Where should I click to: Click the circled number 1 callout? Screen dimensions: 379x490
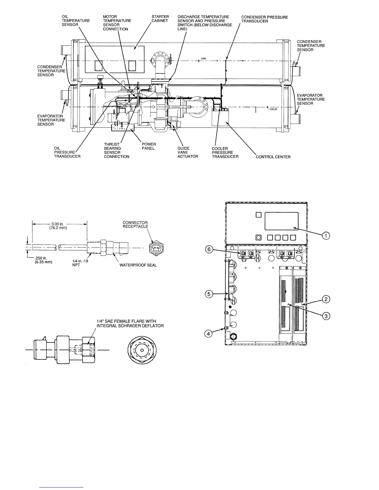(x=325, y=236)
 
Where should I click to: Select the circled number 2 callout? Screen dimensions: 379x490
(x=325, y=299)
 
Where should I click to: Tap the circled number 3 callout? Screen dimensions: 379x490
(x=325, y=316)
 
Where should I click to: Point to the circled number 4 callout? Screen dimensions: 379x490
(x=208, y=334)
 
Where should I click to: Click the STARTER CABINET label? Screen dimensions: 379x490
(x=160, y=19)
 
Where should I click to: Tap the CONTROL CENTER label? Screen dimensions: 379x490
(x=273, y=157)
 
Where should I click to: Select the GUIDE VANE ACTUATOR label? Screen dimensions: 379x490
(x=188, y=152)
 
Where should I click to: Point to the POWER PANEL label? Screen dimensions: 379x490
(x=149, y=146)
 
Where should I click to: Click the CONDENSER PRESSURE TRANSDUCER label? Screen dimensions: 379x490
(x=264, y=19)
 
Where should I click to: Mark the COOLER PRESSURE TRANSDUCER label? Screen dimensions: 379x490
(x=225, y=153)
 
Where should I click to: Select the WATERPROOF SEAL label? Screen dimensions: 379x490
(x=138, y=265)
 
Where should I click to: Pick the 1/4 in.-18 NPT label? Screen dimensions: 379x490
(x=76, y=263)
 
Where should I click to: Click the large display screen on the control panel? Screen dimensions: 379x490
(x=281, y=221)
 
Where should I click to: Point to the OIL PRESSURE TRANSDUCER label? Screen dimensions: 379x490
(x=67, y=152)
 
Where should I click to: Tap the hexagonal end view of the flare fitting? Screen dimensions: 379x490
(x=142, y=350)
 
